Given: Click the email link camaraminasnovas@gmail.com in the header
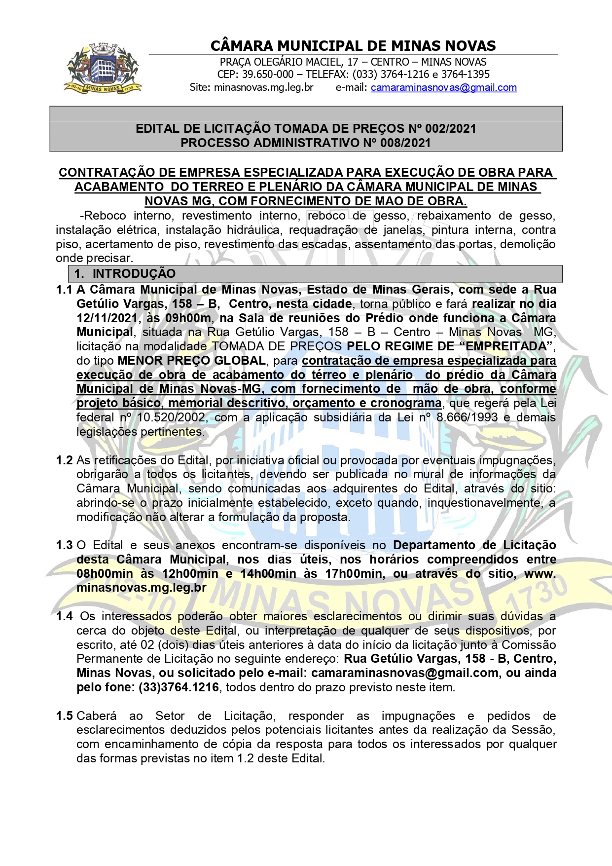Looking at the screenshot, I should [x=443, y=88].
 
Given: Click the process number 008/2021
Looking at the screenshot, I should [x=405, y=143].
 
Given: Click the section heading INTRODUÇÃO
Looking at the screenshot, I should [x=134, y=273].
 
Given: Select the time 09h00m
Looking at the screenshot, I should [x=188, y=318].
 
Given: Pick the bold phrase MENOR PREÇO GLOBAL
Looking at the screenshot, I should [x=191, y=361].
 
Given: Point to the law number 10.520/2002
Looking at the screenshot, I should [x=171, y=417].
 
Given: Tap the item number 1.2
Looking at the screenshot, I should [x=64, y=460].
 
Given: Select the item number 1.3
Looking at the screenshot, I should [x=64, y=545].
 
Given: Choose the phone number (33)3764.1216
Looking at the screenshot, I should [x=179, y=687].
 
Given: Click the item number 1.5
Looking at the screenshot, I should [x=64, y=716].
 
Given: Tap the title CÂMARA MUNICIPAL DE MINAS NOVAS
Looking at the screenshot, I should [x=353, y=46].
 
